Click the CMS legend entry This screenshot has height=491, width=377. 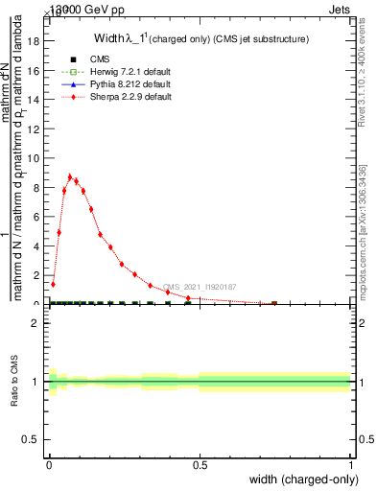84,59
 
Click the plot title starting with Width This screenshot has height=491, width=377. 200,39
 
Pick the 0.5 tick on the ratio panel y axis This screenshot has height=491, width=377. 32,439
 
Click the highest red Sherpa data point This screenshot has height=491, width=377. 70,176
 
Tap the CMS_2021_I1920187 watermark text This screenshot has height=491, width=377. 200,286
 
